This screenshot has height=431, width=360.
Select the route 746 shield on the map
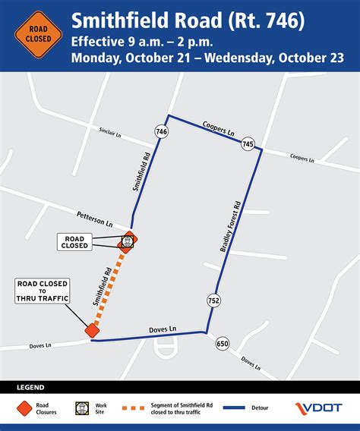point(161,131)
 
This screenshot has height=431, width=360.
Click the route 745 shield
point(248,143)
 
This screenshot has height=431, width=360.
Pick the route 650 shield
point(222,343)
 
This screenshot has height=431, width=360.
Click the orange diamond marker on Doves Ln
point(93,330)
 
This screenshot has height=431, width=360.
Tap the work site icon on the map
point(128,242)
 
